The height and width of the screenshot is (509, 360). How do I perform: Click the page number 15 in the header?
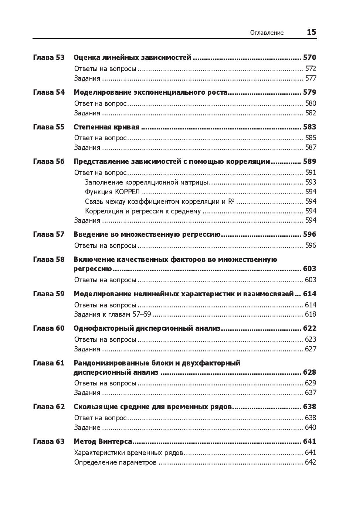(311, 32)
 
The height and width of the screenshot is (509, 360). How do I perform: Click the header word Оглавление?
(267, 33)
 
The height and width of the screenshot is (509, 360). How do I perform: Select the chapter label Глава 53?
(49, 57)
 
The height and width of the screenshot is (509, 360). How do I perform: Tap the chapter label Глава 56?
(49, 161)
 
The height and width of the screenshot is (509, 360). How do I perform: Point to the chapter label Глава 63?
(49, 441)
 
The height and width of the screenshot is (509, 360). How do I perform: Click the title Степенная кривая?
(106, 127)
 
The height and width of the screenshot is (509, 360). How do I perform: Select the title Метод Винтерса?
(103, 441)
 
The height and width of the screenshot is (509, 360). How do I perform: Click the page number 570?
(309, 57)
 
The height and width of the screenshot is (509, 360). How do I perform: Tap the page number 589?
(309, 161)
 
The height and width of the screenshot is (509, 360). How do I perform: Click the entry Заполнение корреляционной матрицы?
(146, 182)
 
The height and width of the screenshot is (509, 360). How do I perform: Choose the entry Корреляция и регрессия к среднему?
(143, 211)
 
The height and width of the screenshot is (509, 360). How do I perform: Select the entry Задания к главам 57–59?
(113, 314)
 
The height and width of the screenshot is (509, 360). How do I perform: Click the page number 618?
(310, 314)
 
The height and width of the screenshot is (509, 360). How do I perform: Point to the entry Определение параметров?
(115, 462)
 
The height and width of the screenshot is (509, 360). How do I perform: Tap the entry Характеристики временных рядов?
(128, 452)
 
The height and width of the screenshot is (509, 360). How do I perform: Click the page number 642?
(310, 462)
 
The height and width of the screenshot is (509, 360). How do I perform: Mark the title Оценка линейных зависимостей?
(132, 57)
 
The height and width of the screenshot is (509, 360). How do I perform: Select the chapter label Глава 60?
(49, 328)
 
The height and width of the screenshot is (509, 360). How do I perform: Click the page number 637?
(310, 392)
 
